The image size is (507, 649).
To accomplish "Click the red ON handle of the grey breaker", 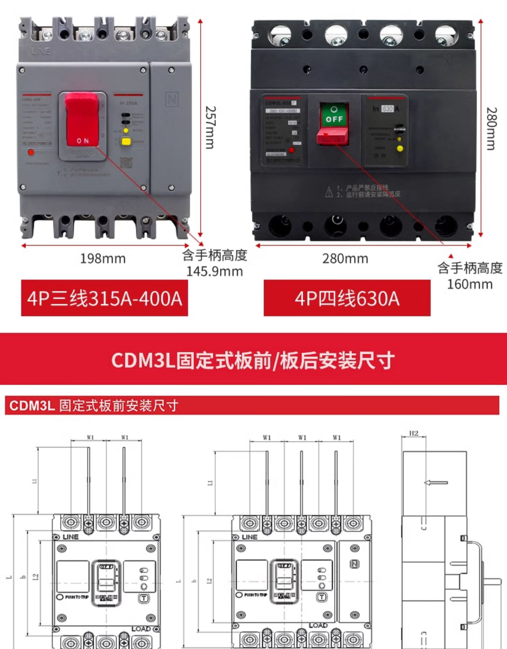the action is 82,120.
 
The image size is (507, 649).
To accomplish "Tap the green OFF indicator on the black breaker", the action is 334,115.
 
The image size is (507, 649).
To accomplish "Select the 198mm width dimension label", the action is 103,259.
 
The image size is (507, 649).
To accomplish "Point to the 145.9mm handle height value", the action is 215,271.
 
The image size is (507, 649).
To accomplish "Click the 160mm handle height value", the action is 470,284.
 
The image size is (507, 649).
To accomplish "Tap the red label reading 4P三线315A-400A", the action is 104,298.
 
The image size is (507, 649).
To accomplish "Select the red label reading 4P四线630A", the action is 347,298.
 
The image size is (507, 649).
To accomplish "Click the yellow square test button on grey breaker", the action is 126,141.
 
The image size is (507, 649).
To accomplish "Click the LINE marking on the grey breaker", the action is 41,51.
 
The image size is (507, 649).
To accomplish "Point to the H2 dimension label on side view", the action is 414,433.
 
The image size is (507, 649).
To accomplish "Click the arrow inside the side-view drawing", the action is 436,482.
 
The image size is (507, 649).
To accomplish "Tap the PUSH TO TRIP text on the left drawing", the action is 77,597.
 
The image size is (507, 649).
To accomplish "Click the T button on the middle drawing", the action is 322,597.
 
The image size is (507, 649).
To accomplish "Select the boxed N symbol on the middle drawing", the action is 355,563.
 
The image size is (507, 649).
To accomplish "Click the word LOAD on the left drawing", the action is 141,629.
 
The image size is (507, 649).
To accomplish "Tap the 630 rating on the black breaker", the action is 387,109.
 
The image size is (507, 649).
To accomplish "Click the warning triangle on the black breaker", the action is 329,192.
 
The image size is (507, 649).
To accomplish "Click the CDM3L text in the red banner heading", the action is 143,360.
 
